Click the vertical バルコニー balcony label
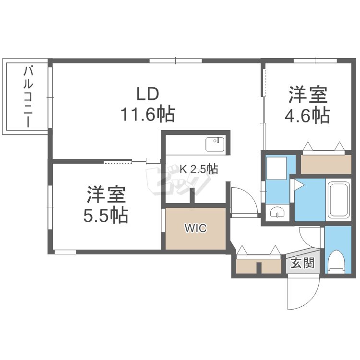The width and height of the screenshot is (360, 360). tap(28, 96)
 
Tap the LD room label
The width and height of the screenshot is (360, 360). tap(148, 94)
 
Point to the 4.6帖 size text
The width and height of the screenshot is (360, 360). tap(307, 115)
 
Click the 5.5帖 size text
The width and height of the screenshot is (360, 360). tap(106, 215)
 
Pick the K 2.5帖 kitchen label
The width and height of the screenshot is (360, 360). tap(199, 169)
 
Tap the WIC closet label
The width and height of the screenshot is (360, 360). tap(196, 228)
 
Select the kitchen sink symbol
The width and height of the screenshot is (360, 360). tap(215, 144)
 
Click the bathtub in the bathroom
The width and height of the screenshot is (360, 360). tap(339, 200)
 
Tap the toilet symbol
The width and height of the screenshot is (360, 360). tap(336, 262)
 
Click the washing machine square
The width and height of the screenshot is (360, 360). tap(276, 168)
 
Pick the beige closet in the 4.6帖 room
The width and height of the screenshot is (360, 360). tap(326, 164)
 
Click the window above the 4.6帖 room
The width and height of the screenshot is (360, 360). tap(315, 61)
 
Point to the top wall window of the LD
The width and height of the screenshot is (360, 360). tap(176, 61)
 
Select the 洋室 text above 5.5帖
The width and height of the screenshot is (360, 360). tap(106, 194)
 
